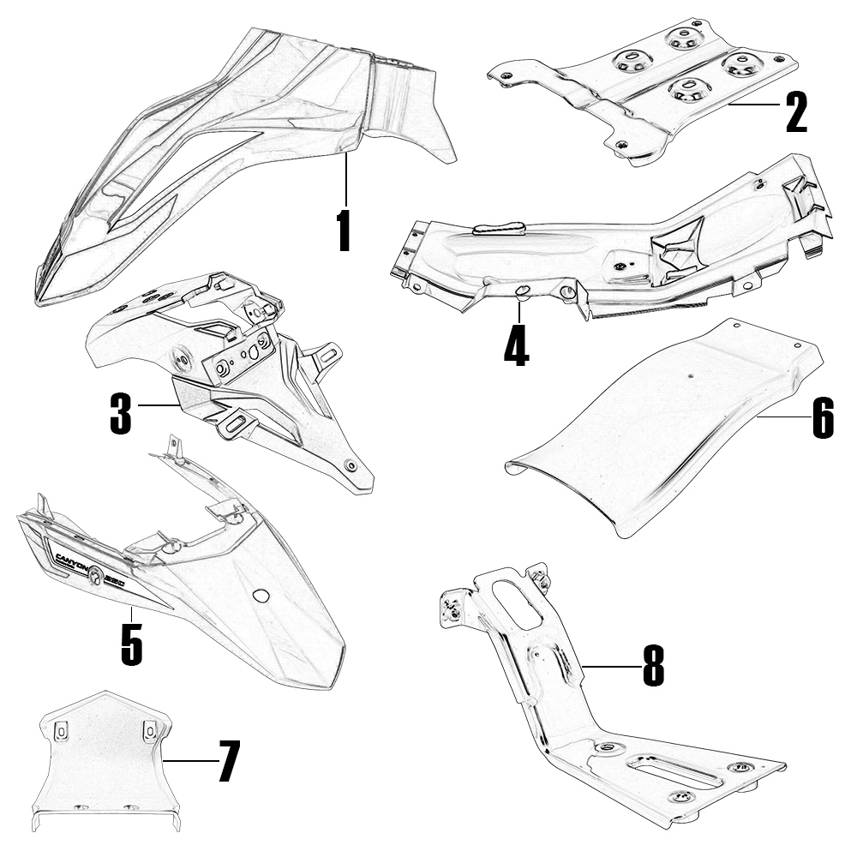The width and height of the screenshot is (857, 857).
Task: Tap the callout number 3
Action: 120,411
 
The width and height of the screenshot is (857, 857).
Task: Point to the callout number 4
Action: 516,345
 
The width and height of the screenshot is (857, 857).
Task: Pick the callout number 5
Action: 131,644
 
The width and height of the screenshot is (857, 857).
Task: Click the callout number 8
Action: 653,666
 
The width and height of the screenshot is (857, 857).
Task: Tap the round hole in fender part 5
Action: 261,596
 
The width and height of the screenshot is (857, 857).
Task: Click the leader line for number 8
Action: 610,666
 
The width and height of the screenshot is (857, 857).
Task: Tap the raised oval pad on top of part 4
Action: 499,228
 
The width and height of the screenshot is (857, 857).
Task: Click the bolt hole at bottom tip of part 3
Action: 351,465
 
